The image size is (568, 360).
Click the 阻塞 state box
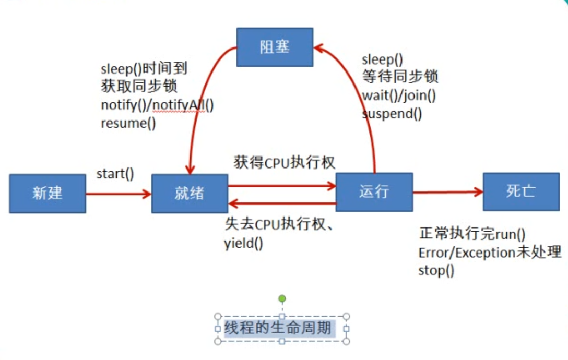point(275,47)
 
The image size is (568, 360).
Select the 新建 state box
point(48,194)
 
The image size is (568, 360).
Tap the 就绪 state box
point(190,194)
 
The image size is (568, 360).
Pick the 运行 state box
point(374,192)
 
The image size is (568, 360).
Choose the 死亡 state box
point(520,191)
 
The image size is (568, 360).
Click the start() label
point(115,173)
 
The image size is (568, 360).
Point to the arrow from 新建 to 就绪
point(119,194)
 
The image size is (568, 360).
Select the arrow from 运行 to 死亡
point(447,192)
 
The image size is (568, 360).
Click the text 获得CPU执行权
point(284,162)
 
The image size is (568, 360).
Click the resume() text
point(128,124)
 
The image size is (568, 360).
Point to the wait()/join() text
point(399,95)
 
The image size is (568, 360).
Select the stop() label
point(436,270)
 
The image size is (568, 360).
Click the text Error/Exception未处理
point(490,253)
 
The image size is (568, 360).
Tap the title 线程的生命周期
point(277,329)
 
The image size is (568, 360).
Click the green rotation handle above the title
point(282,299)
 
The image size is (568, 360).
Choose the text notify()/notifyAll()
point(157,105)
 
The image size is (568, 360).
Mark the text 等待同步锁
point(400,77)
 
